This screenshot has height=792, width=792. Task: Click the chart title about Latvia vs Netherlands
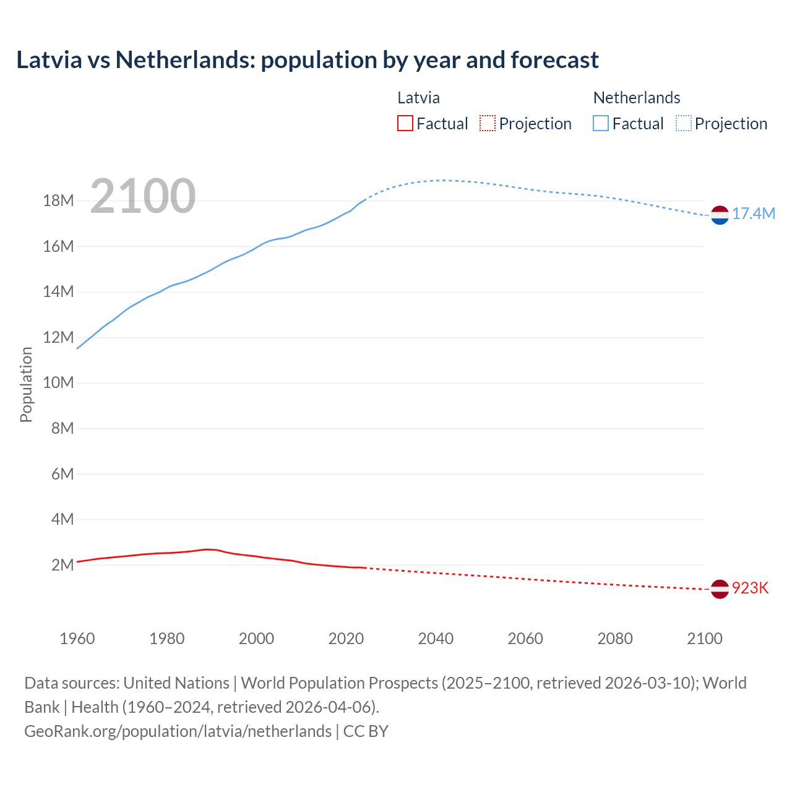[308, 60]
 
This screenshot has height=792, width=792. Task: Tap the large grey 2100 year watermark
[143, 196]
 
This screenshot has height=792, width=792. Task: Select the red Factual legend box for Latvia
[405, 124]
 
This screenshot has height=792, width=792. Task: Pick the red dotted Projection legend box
[488, 124]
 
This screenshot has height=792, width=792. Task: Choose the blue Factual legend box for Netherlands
[601, 124]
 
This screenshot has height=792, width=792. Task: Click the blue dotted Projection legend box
[683, 124]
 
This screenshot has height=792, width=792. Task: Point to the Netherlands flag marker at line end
[720, 215]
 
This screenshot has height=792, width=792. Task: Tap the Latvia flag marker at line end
[720, 589]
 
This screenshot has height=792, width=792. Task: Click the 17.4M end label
[753, 214]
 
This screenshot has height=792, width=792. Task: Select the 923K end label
[750, 588]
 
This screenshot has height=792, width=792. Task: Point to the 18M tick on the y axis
[58, 201]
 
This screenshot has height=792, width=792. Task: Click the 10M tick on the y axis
[58, 383]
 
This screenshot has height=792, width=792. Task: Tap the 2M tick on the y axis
[62, 565]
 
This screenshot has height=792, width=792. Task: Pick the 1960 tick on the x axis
[77, 639]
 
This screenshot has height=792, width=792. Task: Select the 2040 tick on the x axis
[436, 639]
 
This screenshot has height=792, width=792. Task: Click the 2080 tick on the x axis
[615, 639]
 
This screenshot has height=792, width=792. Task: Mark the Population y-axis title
[26, 384]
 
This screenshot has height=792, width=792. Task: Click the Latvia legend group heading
[418, 98]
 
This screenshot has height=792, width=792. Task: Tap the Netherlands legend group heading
[637, 98]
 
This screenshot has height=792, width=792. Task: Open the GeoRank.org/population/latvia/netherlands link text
[178, 731]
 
